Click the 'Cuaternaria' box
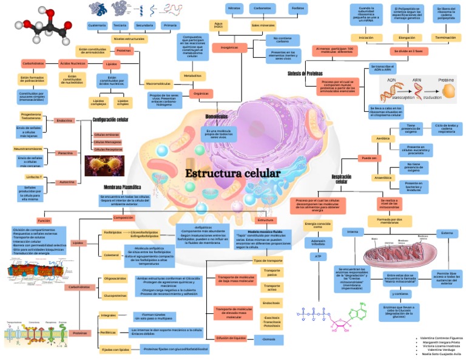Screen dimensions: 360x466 pyautogui.click(x=97, y=25)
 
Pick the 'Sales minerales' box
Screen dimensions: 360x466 pyautogui.click(x=263, y=25)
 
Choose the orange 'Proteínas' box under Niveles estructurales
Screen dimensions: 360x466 pyautogui.click(x=123, y=50)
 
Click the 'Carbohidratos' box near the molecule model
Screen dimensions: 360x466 pyautogui.click(x=33, y=63)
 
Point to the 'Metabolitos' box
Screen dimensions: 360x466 pyautogui.click(x=192, y=76)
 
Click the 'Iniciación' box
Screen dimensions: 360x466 pyautogui.click(x=366, y=38)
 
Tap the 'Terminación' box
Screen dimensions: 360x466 pyautogui.click(x=446, y=38)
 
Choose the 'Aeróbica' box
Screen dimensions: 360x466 pyautogui.click(x=382, y=138)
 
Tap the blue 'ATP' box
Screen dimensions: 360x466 pyautogui.click(x=317, y=257)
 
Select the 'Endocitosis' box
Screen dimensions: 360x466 pyautogui.click(x=271, y=302)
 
